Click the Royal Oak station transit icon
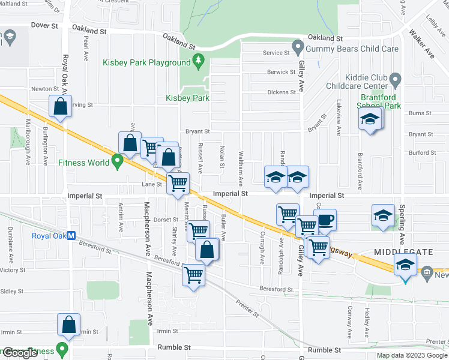[71, 236]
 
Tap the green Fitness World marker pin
[118, 162]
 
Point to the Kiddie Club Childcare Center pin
[395, 79]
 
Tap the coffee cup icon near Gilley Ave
[325, 220]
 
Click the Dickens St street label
[282, 92]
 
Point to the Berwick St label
[282, 72]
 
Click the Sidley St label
[11, 291]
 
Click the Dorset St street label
[166, 220]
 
